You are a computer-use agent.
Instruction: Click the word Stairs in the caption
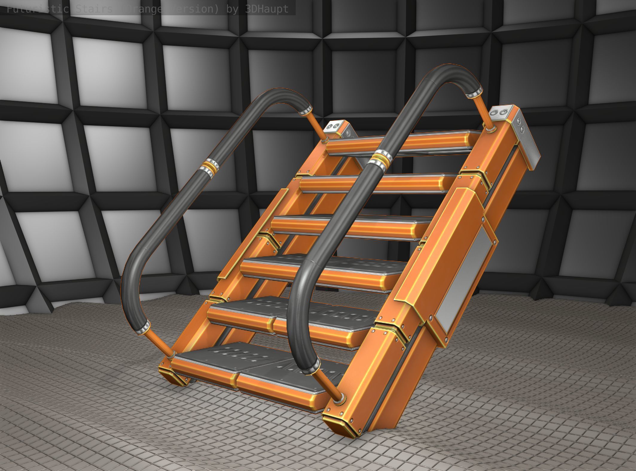[93, 9]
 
